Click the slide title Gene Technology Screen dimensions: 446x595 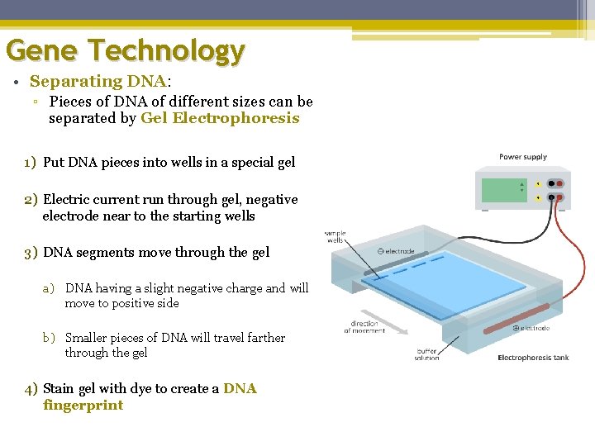126,51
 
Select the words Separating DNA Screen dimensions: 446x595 98,82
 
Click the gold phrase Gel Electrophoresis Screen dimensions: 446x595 220,118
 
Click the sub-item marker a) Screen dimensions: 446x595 49,288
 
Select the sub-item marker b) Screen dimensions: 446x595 49,338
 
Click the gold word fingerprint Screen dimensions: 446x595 83,406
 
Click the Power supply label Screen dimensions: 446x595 522,157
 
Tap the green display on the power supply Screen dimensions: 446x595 503,190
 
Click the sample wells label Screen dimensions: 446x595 335,237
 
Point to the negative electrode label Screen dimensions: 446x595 396,251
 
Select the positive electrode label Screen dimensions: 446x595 531,328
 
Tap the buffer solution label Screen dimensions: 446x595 426,353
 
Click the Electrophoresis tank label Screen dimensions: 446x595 533,358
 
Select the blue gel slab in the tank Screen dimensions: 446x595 450,281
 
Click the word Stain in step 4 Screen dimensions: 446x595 59,388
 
